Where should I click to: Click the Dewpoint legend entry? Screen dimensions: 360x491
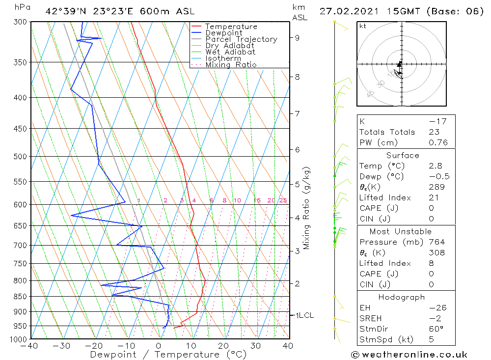pos(223,33)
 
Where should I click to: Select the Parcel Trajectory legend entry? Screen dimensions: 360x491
pos(241,39)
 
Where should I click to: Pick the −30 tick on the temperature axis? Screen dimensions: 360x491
pos(62,346)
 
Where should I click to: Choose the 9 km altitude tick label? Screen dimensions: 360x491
pos(298,37)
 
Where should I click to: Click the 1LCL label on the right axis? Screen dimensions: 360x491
pos(304,315)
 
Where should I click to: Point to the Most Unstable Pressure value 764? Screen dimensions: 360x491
pos(436,242)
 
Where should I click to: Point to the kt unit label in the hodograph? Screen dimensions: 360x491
pos(362,26)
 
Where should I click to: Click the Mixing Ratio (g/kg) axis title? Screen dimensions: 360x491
pos(306,208)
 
